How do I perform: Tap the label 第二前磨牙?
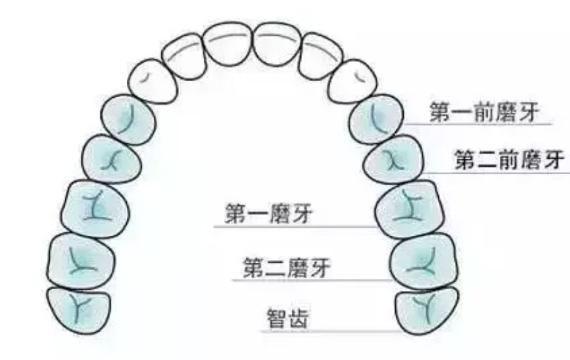508,161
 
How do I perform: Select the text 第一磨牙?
270,216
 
